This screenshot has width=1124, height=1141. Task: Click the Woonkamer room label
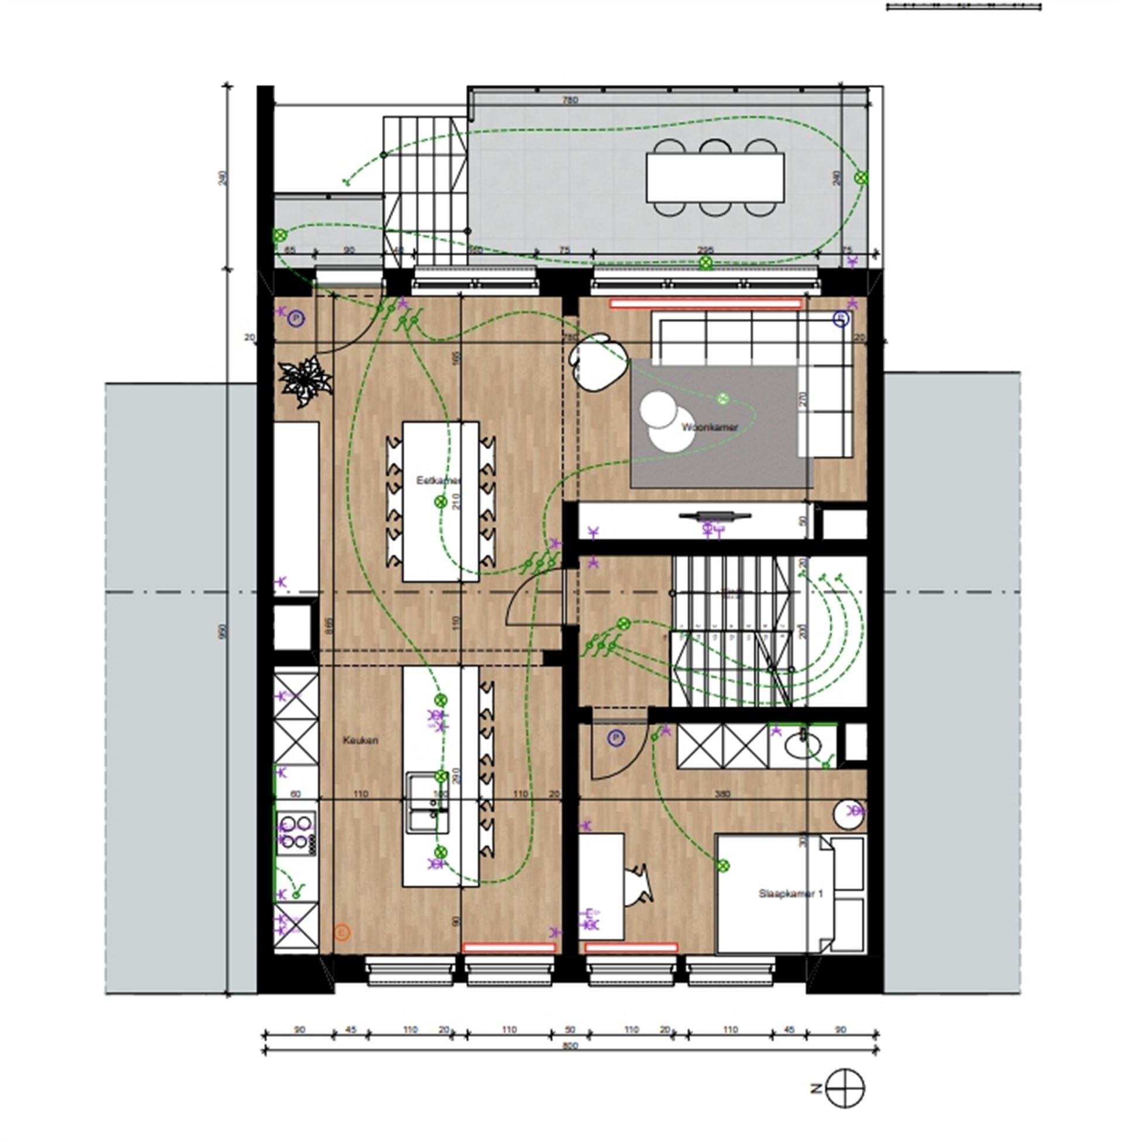[709, 427]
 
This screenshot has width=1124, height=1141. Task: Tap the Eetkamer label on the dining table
[438, 480]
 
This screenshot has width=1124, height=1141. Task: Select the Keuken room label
[360, 740]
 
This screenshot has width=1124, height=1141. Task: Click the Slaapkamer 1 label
[790, 893]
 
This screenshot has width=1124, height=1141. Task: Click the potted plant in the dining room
[305, 381]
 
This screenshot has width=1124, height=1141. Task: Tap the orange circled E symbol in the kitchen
[342, 932]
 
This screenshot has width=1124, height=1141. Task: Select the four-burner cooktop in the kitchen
[296, 833]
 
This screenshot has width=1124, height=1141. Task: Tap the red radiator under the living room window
[706, 304]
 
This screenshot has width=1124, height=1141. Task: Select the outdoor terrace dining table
[715, 177]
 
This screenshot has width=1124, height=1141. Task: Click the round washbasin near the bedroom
[849, 813]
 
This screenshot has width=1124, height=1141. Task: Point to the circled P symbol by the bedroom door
[616, 737]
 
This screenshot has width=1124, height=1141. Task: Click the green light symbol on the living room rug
[722, 399]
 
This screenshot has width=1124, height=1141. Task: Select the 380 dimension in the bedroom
[722, 793]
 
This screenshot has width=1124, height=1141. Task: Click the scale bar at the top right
[964, 7]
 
